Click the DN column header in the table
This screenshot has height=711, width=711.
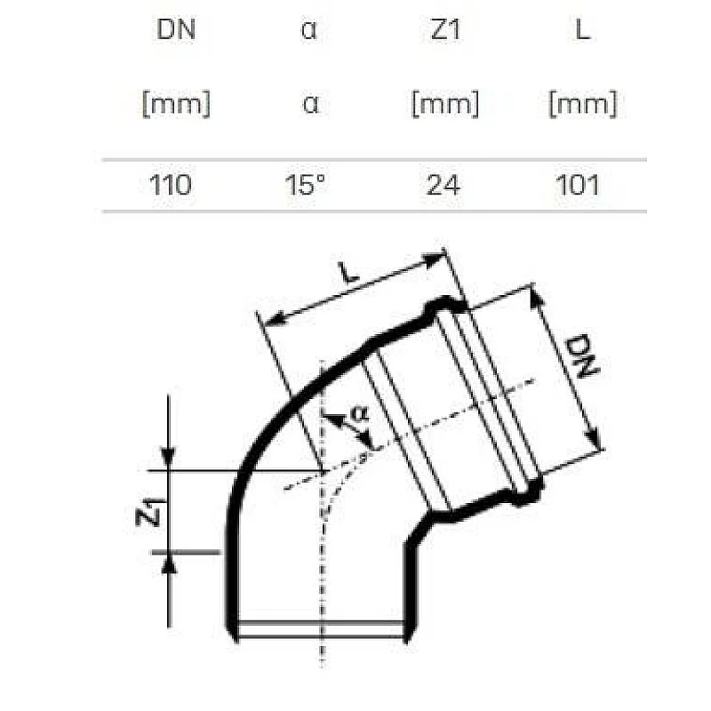[175, 30]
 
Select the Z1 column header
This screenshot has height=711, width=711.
[443, 30]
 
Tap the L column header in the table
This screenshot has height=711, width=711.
[583, 30]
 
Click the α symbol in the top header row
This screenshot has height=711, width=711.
[309, 31]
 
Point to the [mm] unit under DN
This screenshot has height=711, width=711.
[175, 105]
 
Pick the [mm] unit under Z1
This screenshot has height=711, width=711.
[443, 105]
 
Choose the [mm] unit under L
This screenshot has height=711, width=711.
[583, 105]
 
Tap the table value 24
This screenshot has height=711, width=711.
[443, 185]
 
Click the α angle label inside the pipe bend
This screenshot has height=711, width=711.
[359, 413]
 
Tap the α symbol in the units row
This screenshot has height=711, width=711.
[309, 105]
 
